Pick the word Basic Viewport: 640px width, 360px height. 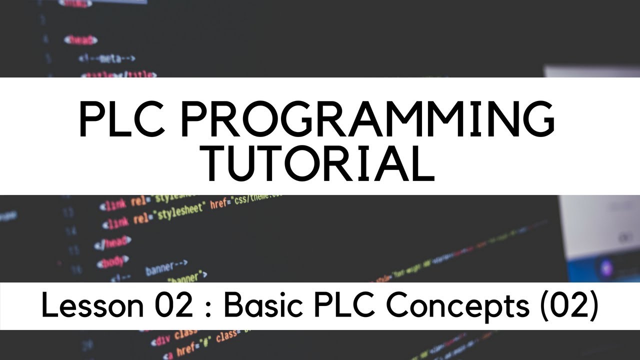(x=258, y=305)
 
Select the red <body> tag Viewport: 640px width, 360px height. (x=112, y=260)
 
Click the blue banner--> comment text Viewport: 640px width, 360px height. (x=166, y=267)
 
